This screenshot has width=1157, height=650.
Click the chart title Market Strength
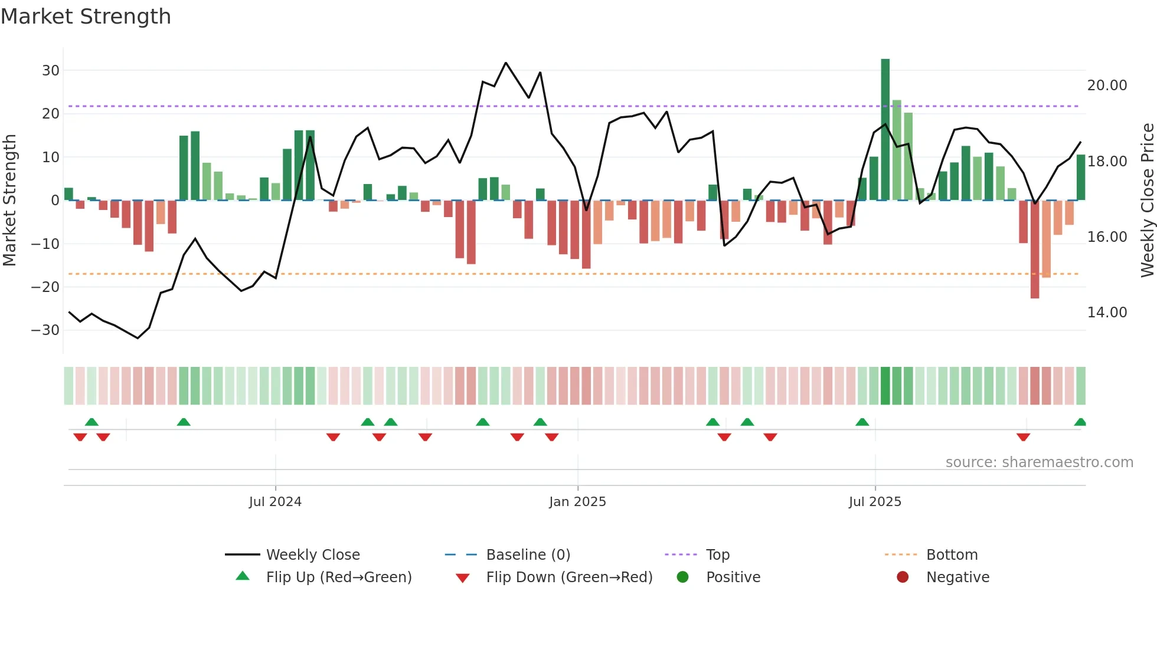tap(86, 17)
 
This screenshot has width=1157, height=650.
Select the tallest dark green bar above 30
tap(885, 130)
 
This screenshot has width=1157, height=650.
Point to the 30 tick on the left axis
tap(51, 71)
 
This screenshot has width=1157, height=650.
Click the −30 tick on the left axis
tap(46, 330)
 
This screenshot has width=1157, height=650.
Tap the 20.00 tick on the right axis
tap(1107, 86)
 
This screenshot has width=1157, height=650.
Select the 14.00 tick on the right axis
tap(1107, 313)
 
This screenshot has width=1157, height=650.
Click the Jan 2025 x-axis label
tap(577, 502)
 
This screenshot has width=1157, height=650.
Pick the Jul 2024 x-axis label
tap(275, 502)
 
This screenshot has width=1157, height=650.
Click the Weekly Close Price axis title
tap(1147, 201)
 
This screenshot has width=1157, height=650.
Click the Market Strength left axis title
tap(9, 201)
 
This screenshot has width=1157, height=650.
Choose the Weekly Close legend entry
tap(312, 555)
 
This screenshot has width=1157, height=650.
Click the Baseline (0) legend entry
tap(528, 555)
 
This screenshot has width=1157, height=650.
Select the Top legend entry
tap(717, 555)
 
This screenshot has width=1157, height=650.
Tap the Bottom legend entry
tap(952, 555)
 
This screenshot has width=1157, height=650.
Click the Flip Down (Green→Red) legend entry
tap(568, 577)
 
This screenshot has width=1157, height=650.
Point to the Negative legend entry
tap(957, 577)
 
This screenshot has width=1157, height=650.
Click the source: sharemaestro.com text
tap(1039, 462)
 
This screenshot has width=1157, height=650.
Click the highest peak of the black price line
tap(506, 63)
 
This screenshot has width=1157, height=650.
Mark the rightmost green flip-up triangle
tap(1080, 422)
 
